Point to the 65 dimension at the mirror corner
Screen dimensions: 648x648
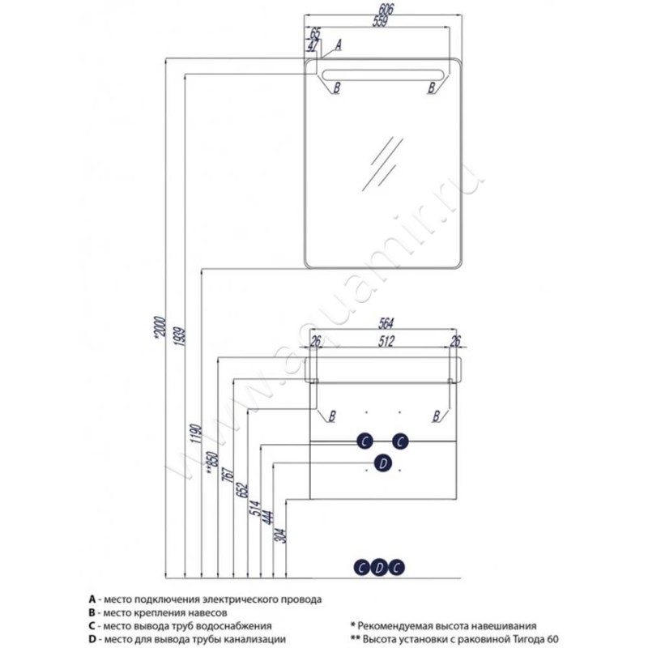pyautogui.click(x=315, y=34)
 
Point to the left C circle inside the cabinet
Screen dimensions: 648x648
pyautogui.click(x=365, y=441)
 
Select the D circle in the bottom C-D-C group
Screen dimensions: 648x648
pyautogui.click(x=379, y=568)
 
